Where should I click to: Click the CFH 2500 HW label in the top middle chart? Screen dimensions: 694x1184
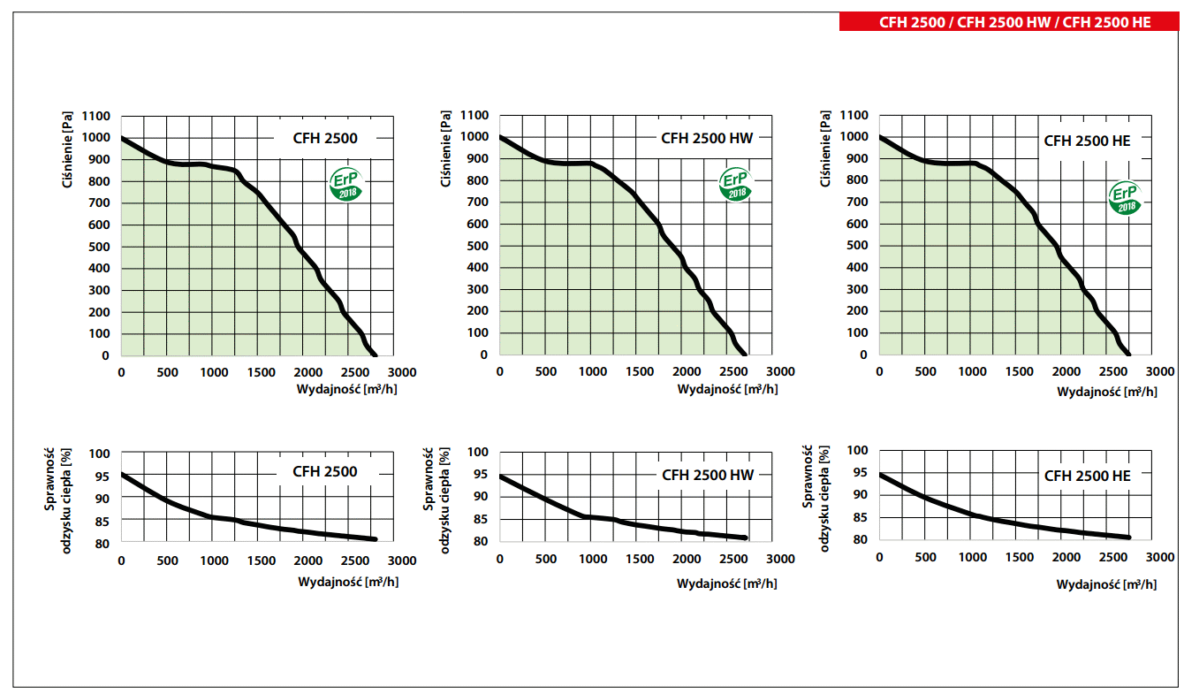tap(708, 138)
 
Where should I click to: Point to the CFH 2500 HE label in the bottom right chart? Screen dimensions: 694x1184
tap(1087, 476)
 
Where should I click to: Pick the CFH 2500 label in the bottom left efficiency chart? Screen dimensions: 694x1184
tap(325, 471)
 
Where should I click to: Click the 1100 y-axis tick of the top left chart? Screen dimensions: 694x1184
tap(95, 116)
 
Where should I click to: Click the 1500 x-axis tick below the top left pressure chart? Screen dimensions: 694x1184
tap(262, 372)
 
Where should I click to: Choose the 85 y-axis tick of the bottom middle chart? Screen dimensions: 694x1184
tap(480, 519)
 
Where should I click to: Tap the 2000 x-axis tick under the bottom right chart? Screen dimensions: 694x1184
tap(1066, 557)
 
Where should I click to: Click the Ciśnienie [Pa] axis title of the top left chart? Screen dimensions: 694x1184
tap(69, 149)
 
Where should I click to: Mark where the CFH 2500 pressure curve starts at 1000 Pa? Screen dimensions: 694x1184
tap(122, 138)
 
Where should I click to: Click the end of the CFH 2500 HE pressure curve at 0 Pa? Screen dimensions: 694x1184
tap(1127, 355)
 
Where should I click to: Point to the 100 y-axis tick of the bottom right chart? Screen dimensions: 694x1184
tap(858, 450)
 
